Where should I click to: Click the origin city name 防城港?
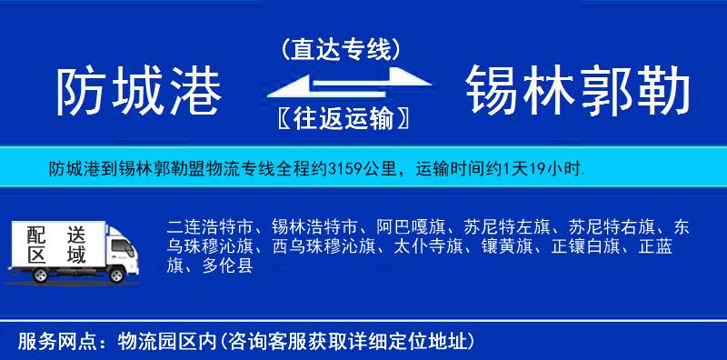click(x=139, y=93)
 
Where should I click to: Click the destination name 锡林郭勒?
click(x=578, y=93)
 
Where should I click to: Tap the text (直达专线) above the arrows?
click(x=341, y=49)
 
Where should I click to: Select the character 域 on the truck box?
click(x=76, y=255)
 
